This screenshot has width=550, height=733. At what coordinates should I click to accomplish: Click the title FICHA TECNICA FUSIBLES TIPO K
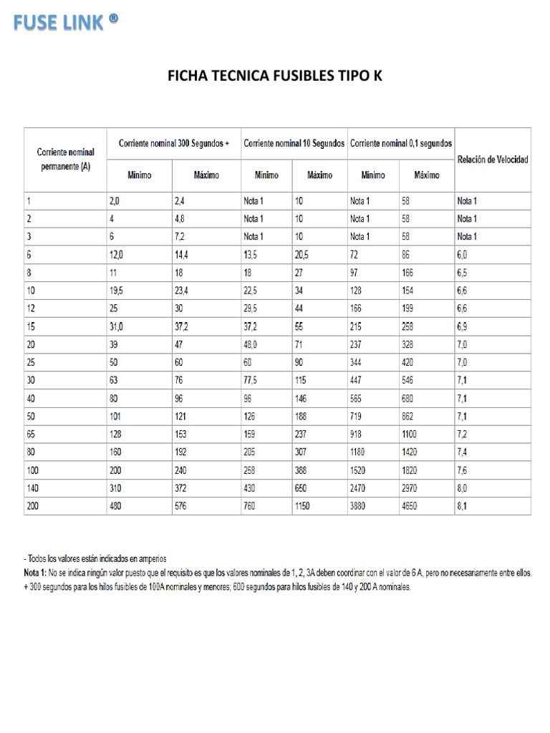(x=275, y=75)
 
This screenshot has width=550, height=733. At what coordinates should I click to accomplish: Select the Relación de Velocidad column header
(x=493, y=159)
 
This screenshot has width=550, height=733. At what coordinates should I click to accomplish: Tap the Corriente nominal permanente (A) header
(x=64, y=159)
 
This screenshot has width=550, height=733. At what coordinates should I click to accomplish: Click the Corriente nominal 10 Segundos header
(x=294, y=143)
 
